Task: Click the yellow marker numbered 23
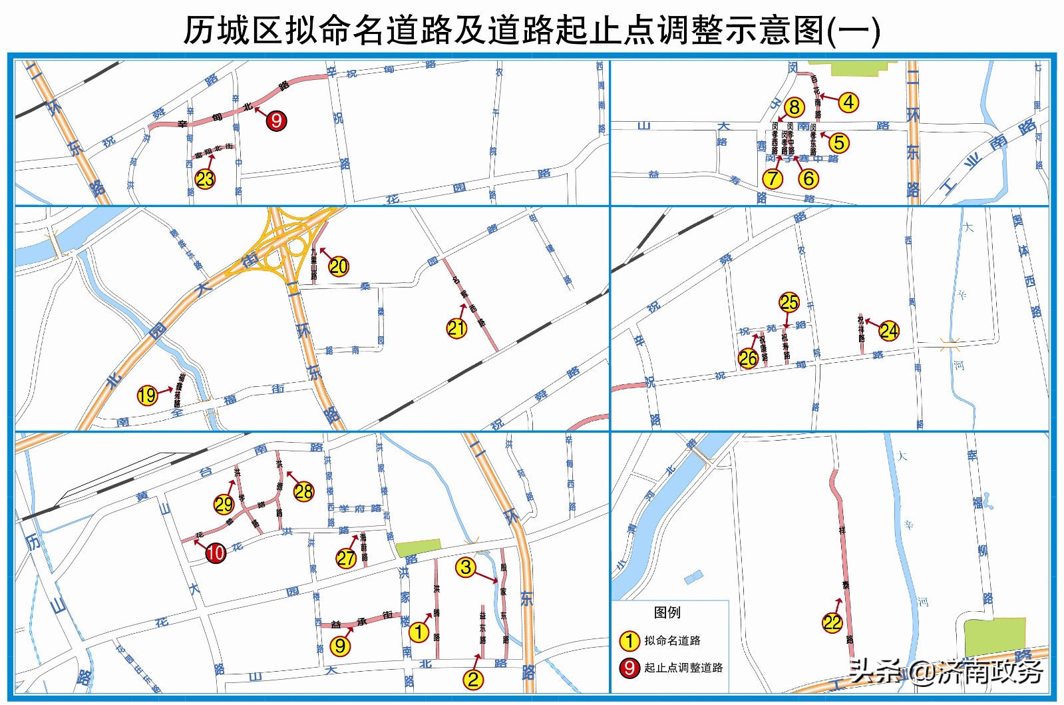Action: point(205,178)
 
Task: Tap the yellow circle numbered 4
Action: point(848,102)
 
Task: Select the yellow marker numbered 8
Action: point(794,107)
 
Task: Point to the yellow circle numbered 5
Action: point(839,142)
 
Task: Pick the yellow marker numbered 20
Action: point(339,266)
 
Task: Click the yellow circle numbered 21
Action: point(456,328)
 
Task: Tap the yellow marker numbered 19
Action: point(147,395)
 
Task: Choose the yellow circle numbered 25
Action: point(789,302)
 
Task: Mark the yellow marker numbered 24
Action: point(888,330)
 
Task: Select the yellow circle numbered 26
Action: point(748,358)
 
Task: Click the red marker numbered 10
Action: point(216,553)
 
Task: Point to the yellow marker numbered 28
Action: point(303,491)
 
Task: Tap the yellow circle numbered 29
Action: point(224,505)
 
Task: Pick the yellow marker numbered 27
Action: point(346,558)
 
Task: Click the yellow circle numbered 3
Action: point(466,567)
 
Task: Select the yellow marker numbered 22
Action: point(832,622)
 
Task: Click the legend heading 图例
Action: point(667,612)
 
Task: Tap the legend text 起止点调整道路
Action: point(683,667)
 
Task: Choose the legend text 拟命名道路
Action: point(672,640)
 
